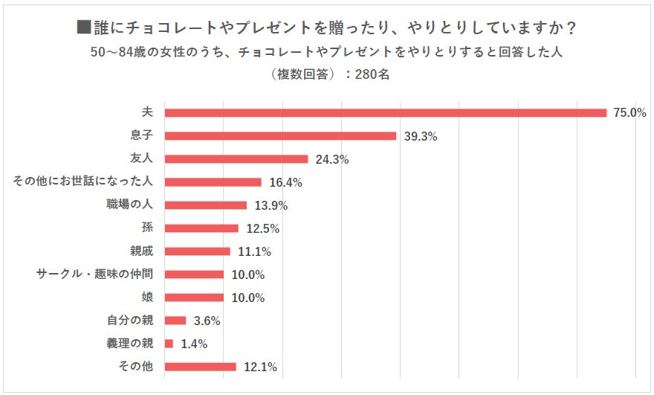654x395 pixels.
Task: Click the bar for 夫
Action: coord(386,113)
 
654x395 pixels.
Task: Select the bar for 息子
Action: coord(280,136)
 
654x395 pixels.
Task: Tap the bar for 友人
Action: coord(236,159)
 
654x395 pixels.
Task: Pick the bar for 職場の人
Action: coord(205,205)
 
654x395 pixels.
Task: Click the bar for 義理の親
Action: coord(169,344)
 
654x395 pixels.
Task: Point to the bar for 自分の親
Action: coord(175,321)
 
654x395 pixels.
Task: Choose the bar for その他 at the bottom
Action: coord(200,367)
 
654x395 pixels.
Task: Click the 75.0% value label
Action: coord(629,113)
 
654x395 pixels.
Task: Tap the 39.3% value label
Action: coord(419,136)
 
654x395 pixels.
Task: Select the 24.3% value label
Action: coord(331,159)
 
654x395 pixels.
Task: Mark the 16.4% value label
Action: coord(285,182)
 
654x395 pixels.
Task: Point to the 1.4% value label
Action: coord(194,344)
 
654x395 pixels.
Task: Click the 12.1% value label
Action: coord(261,367)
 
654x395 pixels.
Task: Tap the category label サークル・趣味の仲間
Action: coord(94,274)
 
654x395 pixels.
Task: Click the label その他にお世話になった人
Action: coord(82,182)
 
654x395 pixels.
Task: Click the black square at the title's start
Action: coord(84,28)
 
